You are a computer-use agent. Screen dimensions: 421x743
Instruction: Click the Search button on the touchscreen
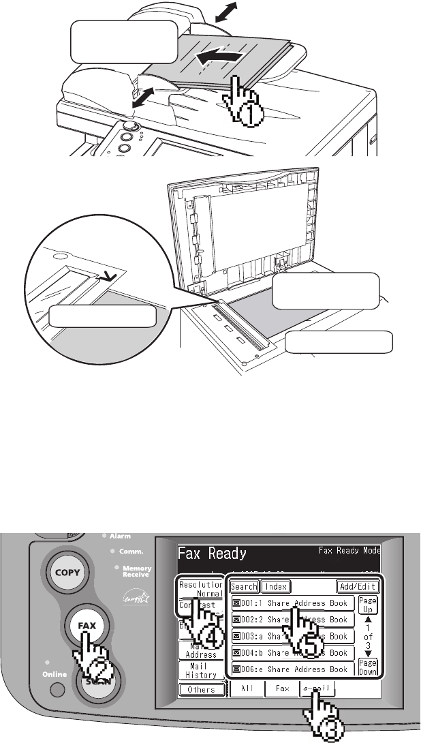tap(243, 586)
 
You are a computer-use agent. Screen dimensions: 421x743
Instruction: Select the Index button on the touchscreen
tap(277, 586)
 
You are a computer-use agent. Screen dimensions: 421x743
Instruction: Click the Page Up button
tap(368, 605)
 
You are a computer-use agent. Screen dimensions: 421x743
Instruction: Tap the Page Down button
tap(368, 667)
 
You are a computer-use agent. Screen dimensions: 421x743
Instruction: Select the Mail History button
tap(201, 670)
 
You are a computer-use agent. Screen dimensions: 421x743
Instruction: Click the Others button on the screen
tap(201, 689)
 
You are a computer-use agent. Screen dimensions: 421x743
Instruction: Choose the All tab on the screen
tap(247, 689)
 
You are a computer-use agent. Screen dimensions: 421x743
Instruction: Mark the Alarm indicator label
tap(120, 536)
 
